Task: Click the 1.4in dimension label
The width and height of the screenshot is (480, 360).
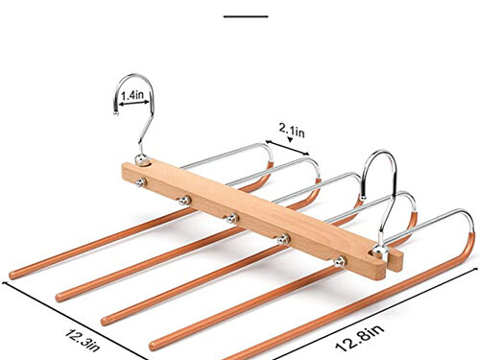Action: click(x=132, y=95)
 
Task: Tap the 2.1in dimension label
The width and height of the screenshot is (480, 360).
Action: click(x=292, y=131)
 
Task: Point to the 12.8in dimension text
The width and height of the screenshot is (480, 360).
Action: click(x=359, y=338)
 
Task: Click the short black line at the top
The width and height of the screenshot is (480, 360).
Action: click(x=246, y=16)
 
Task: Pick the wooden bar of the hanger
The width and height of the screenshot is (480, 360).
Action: click(x=262, y=221)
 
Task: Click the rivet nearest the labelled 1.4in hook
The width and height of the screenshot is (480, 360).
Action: click(x=141, y=182)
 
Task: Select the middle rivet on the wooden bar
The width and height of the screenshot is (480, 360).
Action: click(x=231, y=219)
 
